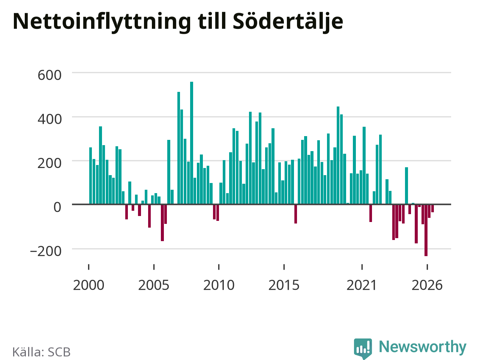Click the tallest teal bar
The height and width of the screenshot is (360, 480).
[192, 143]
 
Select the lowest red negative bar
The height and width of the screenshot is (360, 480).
[426, 230]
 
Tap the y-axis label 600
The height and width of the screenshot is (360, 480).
[49, 75]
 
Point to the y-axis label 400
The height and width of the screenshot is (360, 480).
[49, 119]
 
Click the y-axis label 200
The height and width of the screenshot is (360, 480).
[49, 163]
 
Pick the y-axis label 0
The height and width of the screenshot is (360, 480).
[57, 207]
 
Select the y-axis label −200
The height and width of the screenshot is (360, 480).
[46, 251]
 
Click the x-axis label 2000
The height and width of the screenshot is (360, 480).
[88, 285]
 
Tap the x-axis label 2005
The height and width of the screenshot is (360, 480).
[154, 285]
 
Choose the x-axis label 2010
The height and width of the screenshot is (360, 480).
[219, 285]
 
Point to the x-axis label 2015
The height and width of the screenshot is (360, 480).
[284, 285]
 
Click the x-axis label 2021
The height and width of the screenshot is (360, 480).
[362, 285]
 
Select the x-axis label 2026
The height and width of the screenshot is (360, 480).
[427, 285]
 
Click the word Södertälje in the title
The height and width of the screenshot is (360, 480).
[288, 22]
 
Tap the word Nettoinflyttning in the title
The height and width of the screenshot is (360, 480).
[102, 22]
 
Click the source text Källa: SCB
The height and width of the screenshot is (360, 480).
[41, 352]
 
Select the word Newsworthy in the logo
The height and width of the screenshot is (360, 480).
[423, 346]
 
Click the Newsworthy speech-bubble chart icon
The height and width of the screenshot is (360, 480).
[363, 349]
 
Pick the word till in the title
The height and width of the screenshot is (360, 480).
[211, 21]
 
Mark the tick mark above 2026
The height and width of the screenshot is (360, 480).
[427, 267]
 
